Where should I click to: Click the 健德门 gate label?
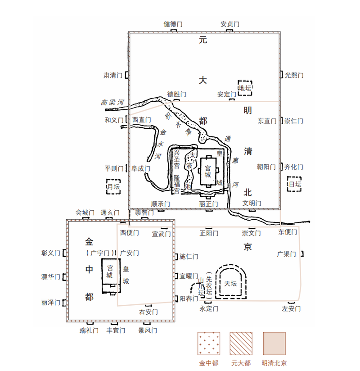[173, 24]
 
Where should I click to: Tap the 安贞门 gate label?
[229, 24]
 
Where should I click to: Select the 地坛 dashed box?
[245, 88]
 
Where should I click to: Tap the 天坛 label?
[230, 283]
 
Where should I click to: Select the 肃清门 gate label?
[113, 75]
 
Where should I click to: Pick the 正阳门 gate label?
[209, 233]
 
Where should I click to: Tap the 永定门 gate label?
[209, 309]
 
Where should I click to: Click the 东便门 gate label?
[288, 232]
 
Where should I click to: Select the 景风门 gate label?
[148, 330]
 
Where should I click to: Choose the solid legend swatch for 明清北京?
[274, 344]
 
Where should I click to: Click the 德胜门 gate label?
[176, 95]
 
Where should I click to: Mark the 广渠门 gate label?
[286, 254]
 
